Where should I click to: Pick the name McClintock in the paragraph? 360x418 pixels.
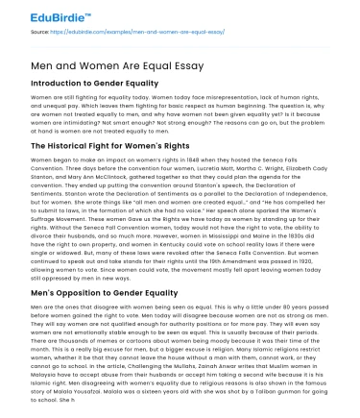point(105,177)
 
